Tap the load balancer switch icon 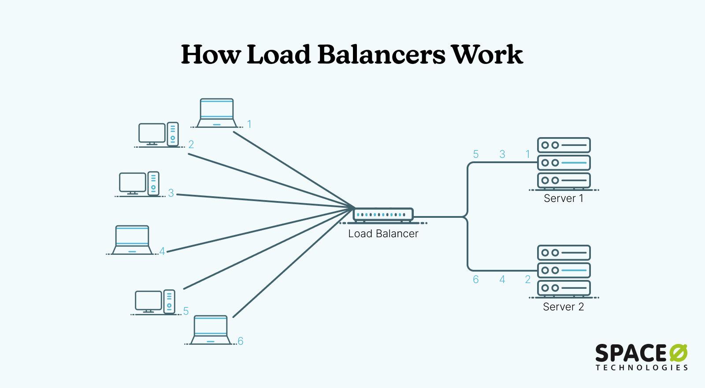pyautogui.click(x=383, y=215)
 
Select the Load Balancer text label pyautogui.click(x=383, y=234)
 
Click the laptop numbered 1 pyautogui.click(x=216, y=113)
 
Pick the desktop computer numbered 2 pyautogui.click(x=152, y=134)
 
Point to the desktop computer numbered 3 pyautogui.click(x=133, y=183)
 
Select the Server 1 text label pyautogui.click(x=563, y=198)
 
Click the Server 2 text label pyautogui.click(x=563, y=307)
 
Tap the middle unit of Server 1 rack pyautogui.click(x=564, y=163)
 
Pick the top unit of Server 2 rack pyautogui.click(x=564, y=253)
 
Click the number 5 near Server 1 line pyautogui.click(x=476, y=154)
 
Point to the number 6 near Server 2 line pyautogui.click(x=476, y=280)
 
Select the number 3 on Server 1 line pyautogui.click(x=502, y=154)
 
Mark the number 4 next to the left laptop pyautogui.click(x=162, y=251)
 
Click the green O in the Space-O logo pyautogui.click(x=678, y=354)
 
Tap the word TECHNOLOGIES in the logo pyautogui.click(x=642, y=367)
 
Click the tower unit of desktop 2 pyautogui.click(x=173, y=134)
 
